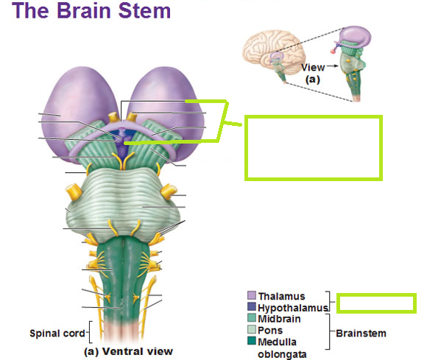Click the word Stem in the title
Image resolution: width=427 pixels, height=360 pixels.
click(x=144, y=10)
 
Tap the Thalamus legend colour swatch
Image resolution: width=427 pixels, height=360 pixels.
click(x=252, y=295)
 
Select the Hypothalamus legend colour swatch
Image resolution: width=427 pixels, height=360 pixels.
click(x=252, y=307)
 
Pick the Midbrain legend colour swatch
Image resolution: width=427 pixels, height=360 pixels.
click(x=252, y=318)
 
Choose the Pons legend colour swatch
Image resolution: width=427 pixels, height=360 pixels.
click(x=252, y=330)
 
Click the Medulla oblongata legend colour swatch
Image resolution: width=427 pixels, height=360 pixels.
click(x=252, y=341)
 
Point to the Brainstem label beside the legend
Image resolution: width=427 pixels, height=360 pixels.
click(x=361, y=333)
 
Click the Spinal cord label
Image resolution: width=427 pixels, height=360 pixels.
click(x=57, y=333)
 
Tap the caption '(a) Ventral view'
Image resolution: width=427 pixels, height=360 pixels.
click(x=128, y=351)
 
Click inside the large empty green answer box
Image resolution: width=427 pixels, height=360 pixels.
click(x=314, y=148)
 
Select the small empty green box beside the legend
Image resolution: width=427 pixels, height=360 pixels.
click(x=376, y=303)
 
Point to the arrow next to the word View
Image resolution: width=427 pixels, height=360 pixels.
click(x=332, y=66)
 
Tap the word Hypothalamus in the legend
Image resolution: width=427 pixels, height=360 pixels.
click(x=293, y=308)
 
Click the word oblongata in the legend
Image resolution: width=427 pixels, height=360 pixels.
click(x=282, y=354)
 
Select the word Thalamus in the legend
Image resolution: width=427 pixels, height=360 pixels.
click(x=281, y=296)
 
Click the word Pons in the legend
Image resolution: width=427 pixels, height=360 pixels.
click(x=270, y=331)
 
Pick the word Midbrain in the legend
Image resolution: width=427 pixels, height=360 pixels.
click(x=280, y=319)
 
